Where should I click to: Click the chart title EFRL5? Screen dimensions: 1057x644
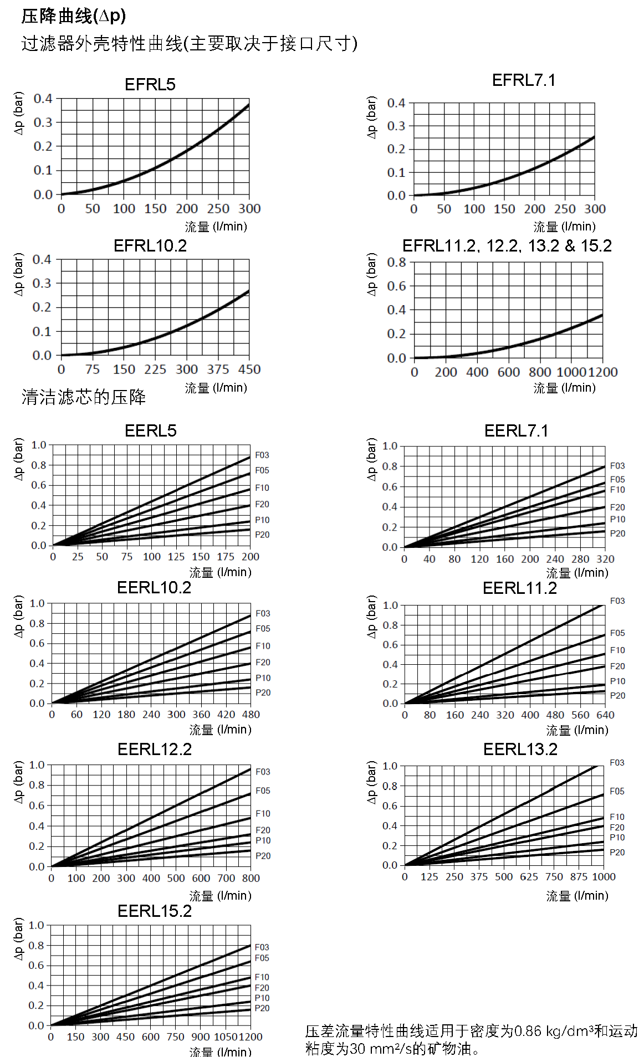click(x=150, y=85)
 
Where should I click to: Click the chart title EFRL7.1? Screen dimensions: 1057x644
click(x=523, y=80)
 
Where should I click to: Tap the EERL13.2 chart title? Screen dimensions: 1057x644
click(x=520, y=750)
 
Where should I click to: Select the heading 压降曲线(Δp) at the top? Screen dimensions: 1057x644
click(x=74, y=16)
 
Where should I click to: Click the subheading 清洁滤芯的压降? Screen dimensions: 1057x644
click(x=84, y=397)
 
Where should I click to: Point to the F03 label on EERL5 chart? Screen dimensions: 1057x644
click(x=262, y=455)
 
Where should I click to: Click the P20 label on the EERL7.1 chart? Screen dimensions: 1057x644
click(x=617, y=533)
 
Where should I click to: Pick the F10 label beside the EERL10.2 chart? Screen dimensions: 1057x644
click(x=263, y=646)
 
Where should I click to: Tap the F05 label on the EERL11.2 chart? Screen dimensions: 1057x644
click(x=617, y=633)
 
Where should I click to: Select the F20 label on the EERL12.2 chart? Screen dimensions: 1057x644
click(x=263, y=830)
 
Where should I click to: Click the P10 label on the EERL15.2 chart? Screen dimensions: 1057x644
click(x=262, y=998)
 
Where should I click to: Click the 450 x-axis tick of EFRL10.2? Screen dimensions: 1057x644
click(x=249, y=370)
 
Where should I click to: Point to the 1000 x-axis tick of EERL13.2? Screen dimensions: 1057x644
click(x=604, y=877)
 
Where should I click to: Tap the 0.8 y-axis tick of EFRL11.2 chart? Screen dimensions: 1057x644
click(x=396, y=262)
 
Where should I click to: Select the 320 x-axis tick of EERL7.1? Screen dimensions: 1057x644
click(x=605, y=559)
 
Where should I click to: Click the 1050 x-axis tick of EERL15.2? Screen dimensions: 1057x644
click(x=226, y=1037)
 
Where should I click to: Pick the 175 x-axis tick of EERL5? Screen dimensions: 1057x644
click(x=226, y=557)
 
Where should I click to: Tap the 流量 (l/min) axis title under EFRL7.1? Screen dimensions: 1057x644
click(x=564, y=227)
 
